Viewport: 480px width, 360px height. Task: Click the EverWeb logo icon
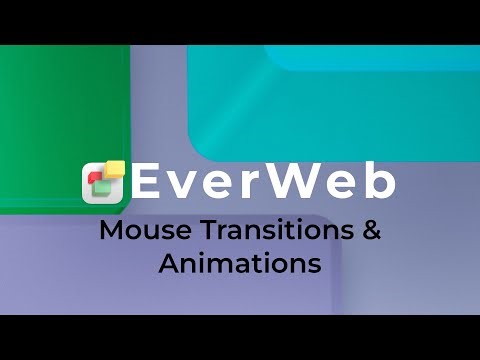pyautogui.click(x=104, y=182)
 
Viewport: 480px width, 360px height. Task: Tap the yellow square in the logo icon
pyautogui.click(x=115, y=169)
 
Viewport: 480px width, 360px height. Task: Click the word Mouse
pyautogui.click(x=133, y=232)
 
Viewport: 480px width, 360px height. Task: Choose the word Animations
pyautogui.click(x=240, y=264)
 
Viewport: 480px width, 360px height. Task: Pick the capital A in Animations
pyautogui.click(x=168, y=264)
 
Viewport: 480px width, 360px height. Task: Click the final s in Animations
pyautogui.click(x=314, y=266)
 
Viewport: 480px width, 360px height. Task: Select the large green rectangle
pyautogui.click(x=60, y=110)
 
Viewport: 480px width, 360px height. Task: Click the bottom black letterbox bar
pyautogui.click(x=240, y=338)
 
